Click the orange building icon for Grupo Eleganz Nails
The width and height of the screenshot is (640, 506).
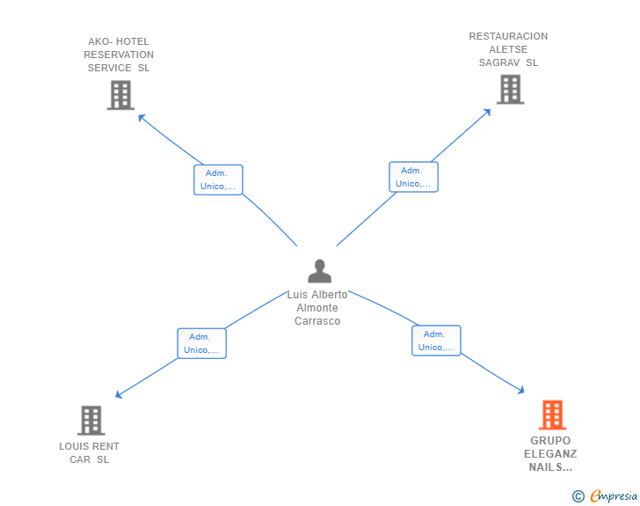552,414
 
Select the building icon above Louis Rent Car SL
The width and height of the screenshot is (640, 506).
91,420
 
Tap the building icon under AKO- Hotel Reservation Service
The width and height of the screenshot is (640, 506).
120,95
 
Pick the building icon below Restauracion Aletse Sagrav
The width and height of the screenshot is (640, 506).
510,90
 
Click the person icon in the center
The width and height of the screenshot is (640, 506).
320,271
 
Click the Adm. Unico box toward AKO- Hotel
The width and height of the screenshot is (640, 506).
218,180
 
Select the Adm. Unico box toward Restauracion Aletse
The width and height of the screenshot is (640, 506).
413,177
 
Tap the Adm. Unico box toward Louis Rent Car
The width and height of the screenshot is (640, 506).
201,343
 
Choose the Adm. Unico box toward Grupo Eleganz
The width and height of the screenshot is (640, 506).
436,341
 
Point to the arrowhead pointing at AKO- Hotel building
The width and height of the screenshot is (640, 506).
142,118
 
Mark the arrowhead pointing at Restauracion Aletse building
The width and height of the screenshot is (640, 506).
487,113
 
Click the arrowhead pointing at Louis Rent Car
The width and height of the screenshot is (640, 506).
119,394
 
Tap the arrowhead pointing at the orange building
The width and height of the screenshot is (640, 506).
520,391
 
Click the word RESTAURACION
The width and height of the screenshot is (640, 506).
508,36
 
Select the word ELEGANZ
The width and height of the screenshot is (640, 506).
550,454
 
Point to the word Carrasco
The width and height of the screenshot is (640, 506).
317,321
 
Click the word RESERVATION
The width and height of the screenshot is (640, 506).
119,55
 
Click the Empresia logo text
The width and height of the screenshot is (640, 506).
614,496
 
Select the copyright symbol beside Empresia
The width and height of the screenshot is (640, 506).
578,496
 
